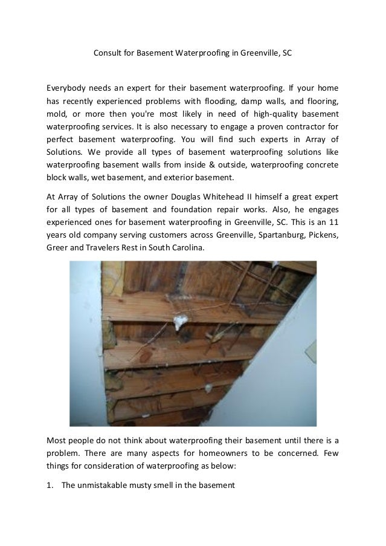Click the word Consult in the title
108,53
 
